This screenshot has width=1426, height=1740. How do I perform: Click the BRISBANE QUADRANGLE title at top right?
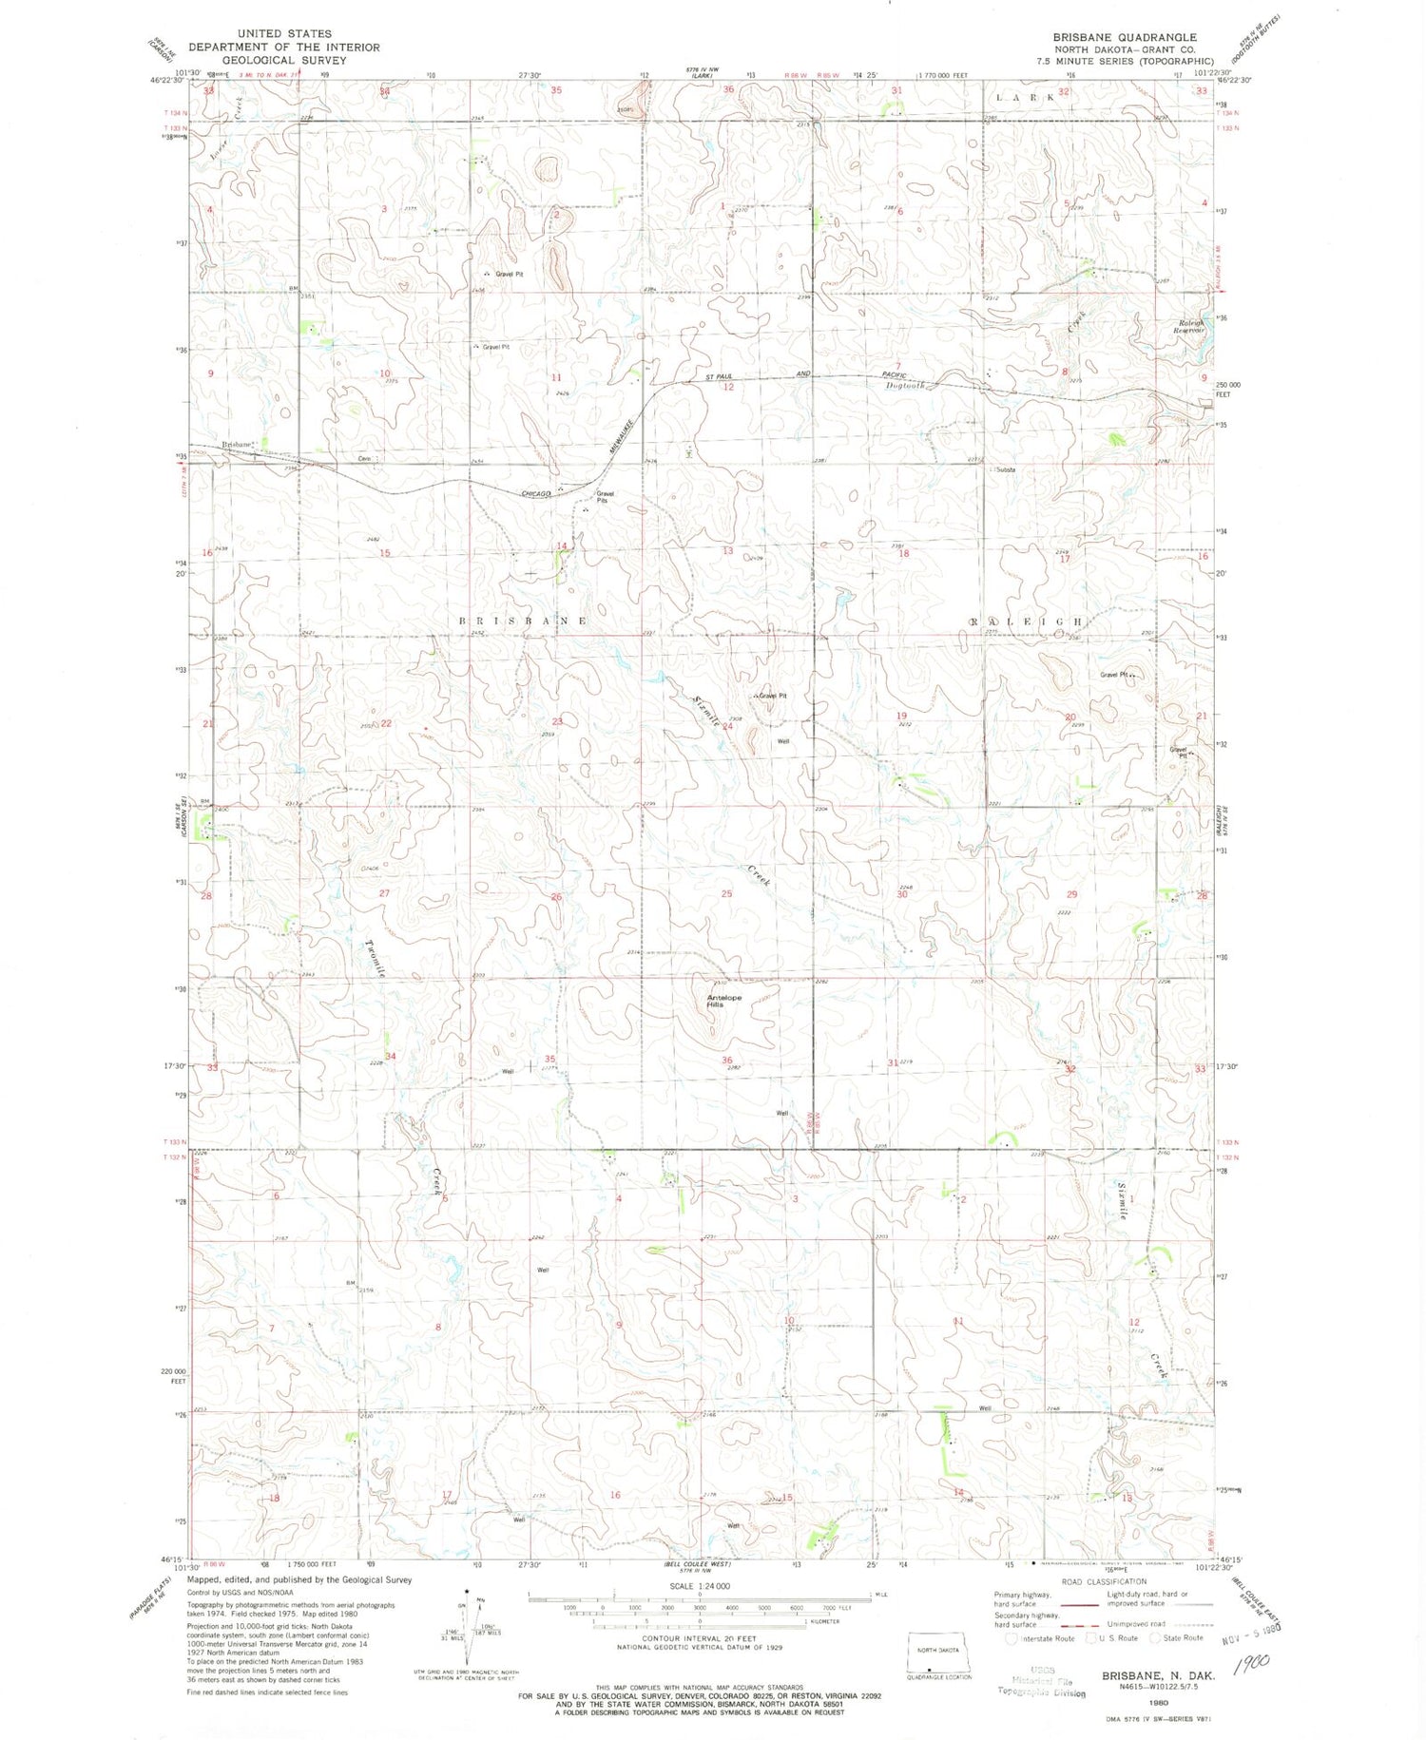pos(1125,37)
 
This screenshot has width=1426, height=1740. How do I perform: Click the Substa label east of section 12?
pos(1006,469)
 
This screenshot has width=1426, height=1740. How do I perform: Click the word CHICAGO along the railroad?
pos(537,494)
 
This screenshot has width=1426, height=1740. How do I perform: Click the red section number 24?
pos(727,726)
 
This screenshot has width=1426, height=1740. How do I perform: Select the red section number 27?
pos(384,893)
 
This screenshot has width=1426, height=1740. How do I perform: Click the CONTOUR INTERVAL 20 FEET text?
pos(700,1639)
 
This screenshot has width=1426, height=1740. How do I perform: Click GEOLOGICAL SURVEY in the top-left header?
pos(283,60)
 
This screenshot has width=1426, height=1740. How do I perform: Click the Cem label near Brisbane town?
pos(363,459)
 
